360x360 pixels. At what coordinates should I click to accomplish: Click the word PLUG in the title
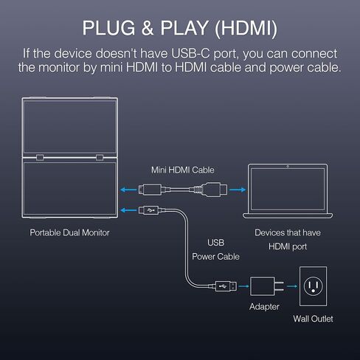108,28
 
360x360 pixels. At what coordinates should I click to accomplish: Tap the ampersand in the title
148,28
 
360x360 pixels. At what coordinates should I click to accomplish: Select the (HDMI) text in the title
246,28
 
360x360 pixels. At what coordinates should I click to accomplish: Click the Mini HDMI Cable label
183,170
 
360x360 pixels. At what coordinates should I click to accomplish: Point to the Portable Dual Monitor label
69,232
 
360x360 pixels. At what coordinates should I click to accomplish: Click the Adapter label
264,307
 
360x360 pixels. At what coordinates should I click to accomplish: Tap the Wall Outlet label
313,319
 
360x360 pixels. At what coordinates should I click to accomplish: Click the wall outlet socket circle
313,286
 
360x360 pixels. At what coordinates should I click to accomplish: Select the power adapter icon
267,286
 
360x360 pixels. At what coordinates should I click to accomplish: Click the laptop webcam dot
288,167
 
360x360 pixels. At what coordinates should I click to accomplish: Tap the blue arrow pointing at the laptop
238,190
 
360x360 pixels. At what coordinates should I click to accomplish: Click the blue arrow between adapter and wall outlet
292,286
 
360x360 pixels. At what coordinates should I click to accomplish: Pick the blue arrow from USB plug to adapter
243,286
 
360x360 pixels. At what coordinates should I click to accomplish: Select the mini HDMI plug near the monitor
150,190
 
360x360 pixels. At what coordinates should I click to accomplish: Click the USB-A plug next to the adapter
226,286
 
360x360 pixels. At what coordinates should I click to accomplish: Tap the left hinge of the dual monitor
40,157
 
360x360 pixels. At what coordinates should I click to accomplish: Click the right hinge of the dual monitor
100,157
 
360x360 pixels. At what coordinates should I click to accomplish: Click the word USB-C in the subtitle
190,54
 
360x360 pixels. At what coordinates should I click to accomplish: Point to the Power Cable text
215,257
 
